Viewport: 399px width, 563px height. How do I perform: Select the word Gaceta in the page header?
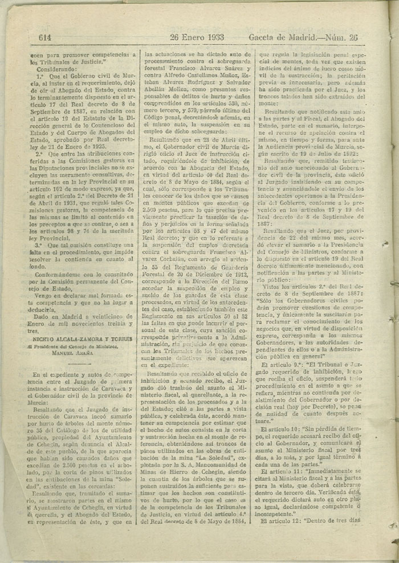coord(266,38)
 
